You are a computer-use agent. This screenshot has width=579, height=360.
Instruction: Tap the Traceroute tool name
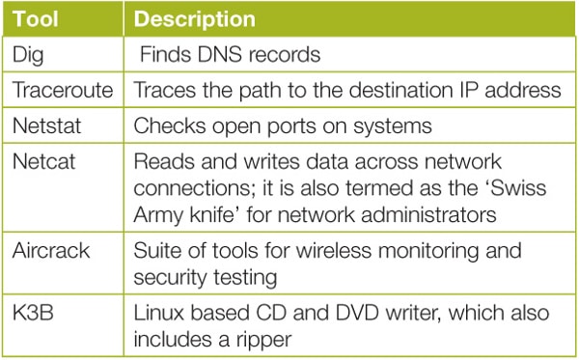pos(62,91)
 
